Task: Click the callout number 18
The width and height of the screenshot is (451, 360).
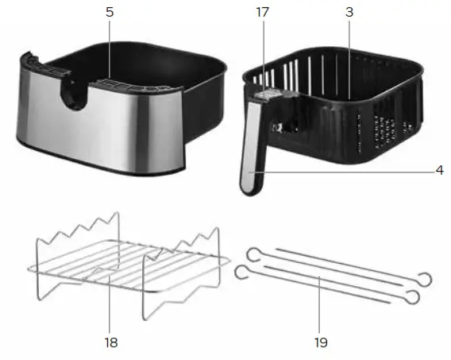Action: tap(110, 343)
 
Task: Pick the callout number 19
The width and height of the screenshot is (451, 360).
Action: tap(320, 343)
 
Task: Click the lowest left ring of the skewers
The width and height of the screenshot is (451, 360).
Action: tap(241, 273)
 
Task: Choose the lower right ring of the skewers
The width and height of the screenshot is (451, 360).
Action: tap(412, 296)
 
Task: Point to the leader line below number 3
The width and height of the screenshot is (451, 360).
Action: tap(348, 48)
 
